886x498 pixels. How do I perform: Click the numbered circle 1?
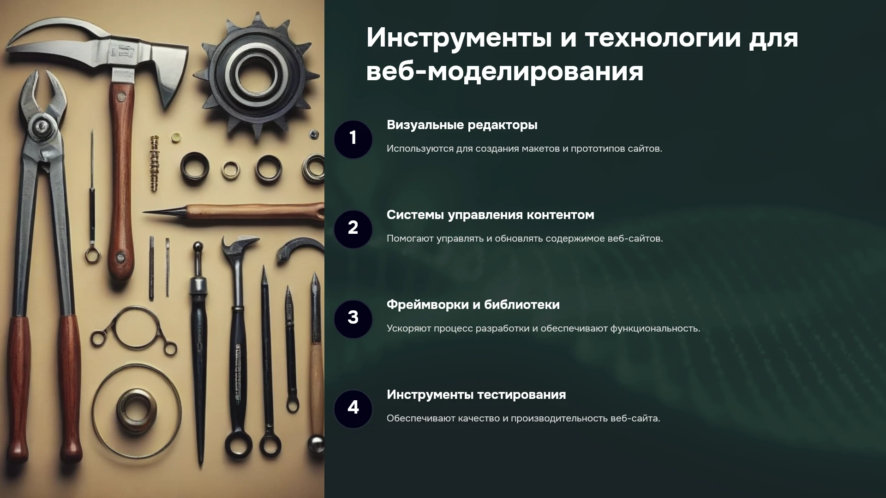click(353, 139)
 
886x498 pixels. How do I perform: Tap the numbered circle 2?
click(353, 229)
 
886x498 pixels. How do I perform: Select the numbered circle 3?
click(353, 319)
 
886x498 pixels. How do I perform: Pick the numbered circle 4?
click(353, 409)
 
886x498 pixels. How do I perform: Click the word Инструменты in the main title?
click(459, 38)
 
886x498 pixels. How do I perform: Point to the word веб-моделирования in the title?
click(505, 71)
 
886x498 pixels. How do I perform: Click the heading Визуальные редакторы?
click(462, 125)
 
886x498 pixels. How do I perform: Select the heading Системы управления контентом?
click(490, 215)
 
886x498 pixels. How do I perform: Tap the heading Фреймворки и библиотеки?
click(473, 305)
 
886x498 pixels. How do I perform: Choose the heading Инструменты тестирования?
click(476, 395)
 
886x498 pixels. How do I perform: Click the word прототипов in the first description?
click(598, 149)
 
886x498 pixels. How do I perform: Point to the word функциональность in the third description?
click(655, 329)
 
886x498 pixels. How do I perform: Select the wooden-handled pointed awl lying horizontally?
click(233, 213)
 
